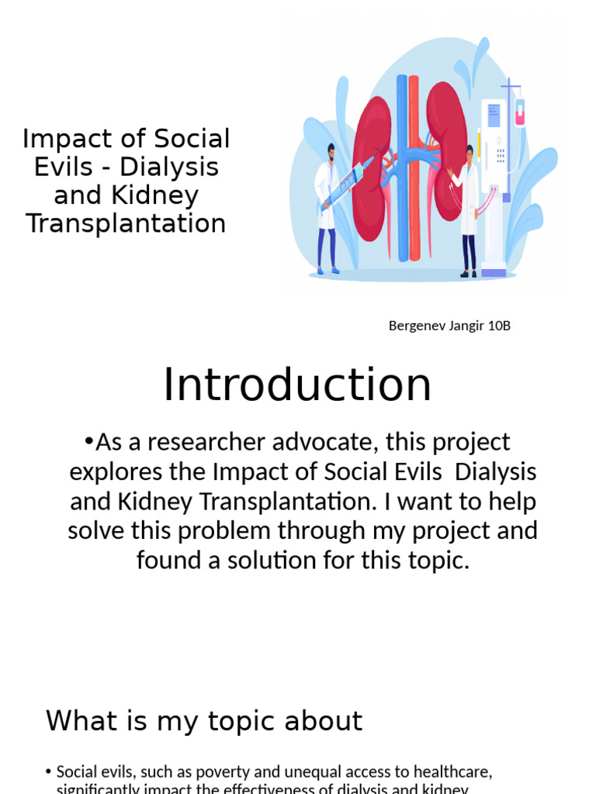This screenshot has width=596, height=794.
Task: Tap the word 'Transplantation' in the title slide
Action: point(126,223)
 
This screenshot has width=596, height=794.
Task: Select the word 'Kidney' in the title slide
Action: point(159,195)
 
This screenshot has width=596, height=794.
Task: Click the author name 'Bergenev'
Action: point(418,326)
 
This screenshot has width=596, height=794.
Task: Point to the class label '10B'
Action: point(499,326)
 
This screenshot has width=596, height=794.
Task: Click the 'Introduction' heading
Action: point(297,385)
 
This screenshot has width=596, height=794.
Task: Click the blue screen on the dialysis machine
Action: point(494,116)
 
